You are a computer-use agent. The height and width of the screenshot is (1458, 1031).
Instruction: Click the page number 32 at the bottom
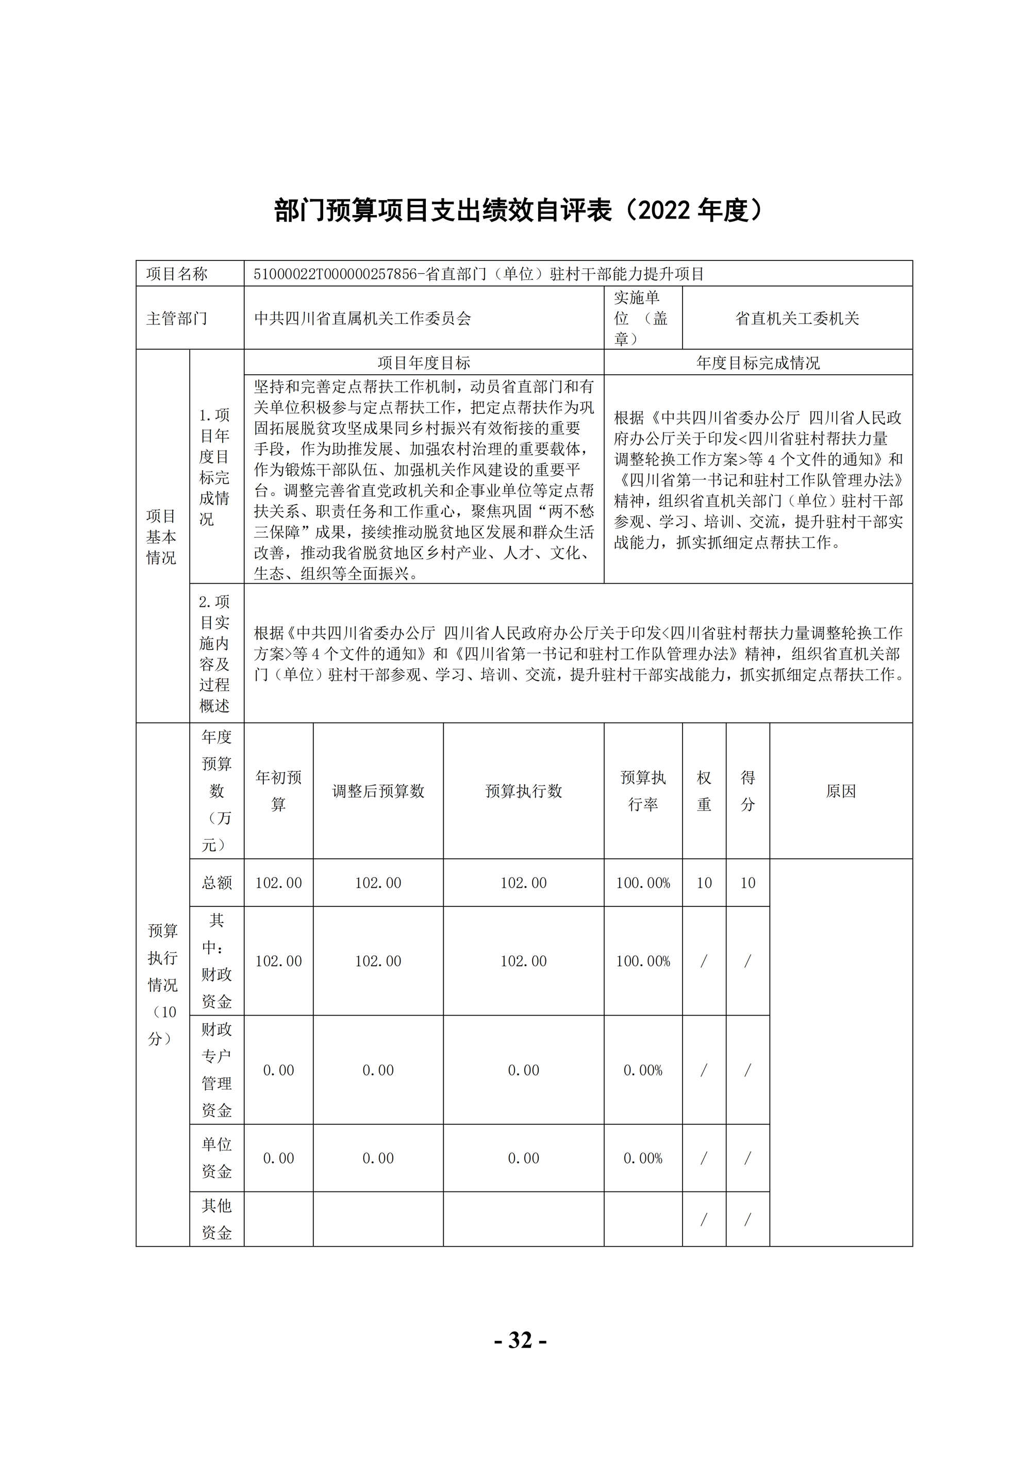click(x=520, y=1340)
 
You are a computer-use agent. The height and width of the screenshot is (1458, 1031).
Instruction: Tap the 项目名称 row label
click(x=177, y=274)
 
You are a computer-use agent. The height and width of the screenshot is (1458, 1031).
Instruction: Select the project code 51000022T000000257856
click(x=335, y=274)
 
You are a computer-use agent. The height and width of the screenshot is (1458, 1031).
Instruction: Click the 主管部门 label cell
click(x=177, y=318)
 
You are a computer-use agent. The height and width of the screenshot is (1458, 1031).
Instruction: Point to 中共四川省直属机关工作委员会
click(x=362, y=318)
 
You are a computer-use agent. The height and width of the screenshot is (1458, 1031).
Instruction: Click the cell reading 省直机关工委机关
click(x=797, y=318)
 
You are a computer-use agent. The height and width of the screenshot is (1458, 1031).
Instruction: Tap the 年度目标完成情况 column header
click(x=757, y=362)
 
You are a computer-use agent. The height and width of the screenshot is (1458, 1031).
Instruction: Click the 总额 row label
click(x=217, y=883)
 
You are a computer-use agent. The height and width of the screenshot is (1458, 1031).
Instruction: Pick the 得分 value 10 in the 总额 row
click(x=747, y=883)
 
